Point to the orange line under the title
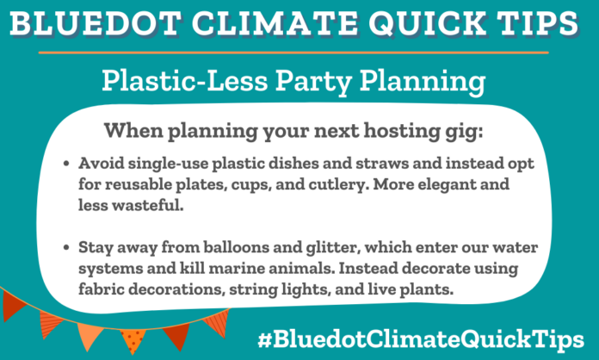point(299,52)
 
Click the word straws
point(345,163)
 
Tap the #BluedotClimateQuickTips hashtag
point(428,336)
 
